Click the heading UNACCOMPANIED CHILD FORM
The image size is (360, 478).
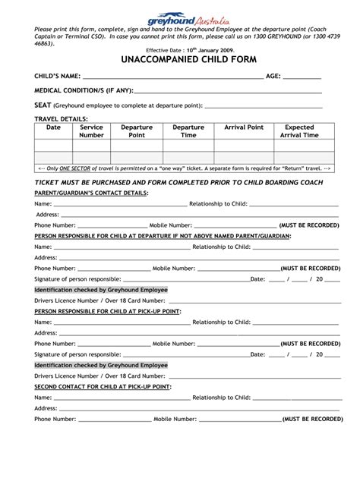tap(180, 59)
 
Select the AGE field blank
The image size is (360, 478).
tap(302, 77)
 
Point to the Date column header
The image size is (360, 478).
tap(53, 127)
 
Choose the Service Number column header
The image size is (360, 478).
tap(91, 131)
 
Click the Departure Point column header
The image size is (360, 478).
tap(137, 131)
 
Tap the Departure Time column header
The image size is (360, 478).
tap(188, 131)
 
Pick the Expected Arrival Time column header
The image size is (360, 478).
tap(299, 131)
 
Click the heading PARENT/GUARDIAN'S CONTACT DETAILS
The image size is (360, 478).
tap(92, 193)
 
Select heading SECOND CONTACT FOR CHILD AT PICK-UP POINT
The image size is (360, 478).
tap(103, 386)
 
